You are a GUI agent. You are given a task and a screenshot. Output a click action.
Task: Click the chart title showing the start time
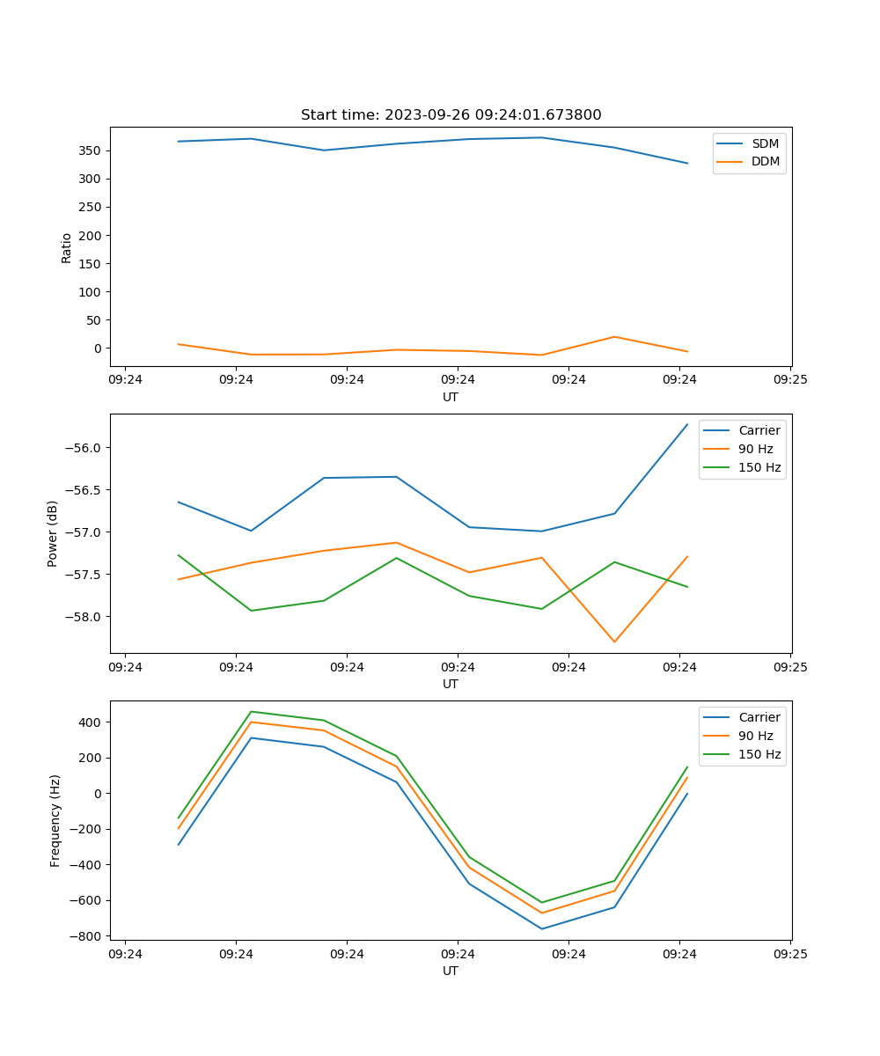(451, 115)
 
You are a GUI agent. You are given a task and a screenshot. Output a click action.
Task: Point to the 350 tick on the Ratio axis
(91, 150)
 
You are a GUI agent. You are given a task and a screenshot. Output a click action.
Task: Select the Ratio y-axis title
(67, 247)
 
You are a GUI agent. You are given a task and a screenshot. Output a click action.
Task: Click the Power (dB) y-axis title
(54, 533)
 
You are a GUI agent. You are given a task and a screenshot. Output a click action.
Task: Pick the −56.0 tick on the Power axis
(85, 448)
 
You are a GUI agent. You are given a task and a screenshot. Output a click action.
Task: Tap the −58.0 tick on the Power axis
(85, 617)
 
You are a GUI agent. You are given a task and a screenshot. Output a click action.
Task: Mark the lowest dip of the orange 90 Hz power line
(614, 642)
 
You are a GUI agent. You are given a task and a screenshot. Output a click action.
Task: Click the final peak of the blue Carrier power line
(687, 424)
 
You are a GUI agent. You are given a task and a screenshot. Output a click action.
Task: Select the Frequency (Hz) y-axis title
(55, 820)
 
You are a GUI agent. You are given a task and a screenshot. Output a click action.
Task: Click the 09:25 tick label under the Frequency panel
(790, 954)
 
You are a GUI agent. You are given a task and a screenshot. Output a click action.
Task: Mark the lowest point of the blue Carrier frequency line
(541, 928)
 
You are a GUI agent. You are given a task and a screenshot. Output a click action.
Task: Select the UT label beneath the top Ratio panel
(451, 397)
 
